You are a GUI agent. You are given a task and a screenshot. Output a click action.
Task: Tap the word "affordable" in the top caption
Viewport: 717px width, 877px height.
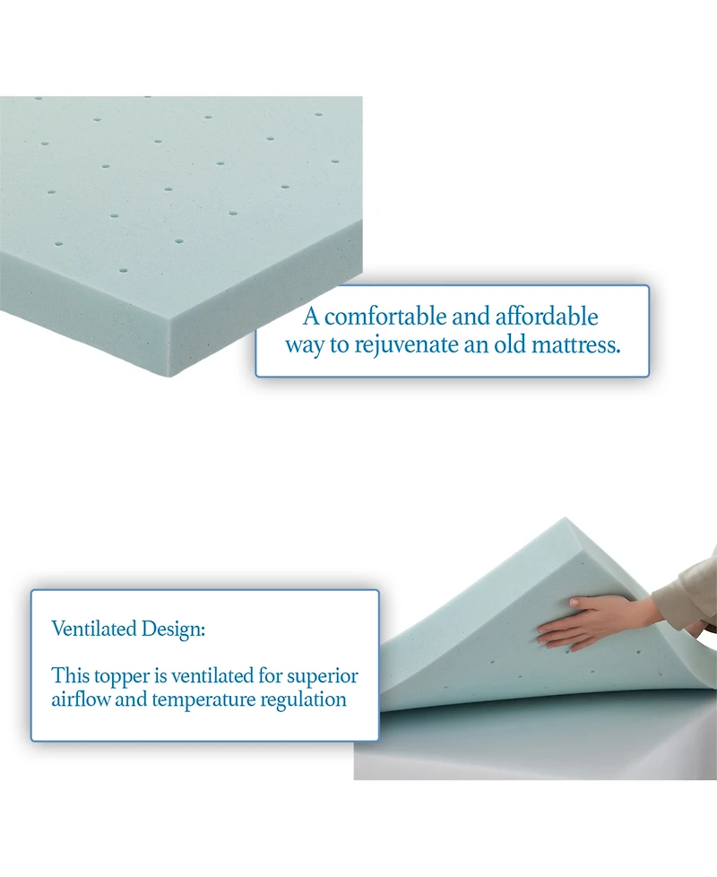(x=547, y=317)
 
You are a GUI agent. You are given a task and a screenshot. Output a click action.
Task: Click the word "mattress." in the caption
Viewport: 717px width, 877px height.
(x=571, y=345)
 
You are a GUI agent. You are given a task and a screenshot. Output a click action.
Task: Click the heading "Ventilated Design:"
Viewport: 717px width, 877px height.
(x=128, y=629)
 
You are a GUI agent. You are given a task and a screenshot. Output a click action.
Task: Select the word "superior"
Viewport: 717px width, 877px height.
(x=324, y=675)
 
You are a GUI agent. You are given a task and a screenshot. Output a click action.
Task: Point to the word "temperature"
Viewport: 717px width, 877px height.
(x=203, y=699)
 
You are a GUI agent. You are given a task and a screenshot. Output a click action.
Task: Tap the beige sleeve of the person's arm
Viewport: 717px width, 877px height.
(x=686, y=592)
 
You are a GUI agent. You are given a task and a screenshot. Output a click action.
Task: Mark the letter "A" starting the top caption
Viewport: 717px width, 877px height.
(x=311, y=317)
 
